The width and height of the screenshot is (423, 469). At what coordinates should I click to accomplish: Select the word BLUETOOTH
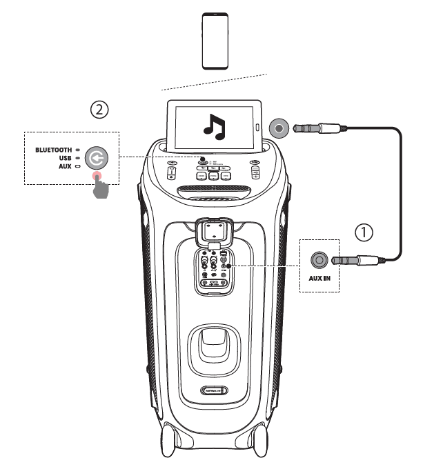coord(52,149)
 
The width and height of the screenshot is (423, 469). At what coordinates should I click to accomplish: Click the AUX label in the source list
coord(65,167)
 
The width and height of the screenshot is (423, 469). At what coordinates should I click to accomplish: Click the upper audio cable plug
coord(317,128)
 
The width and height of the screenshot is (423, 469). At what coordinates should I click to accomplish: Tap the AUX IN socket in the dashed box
coord(319,260)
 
